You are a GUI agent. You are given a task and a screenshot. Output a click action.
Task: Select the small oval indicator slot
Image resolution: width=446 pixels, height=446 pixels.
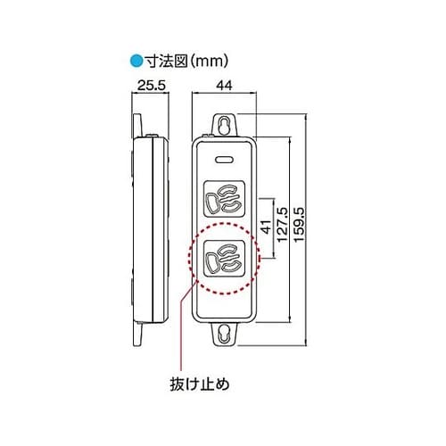(225, 161)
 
